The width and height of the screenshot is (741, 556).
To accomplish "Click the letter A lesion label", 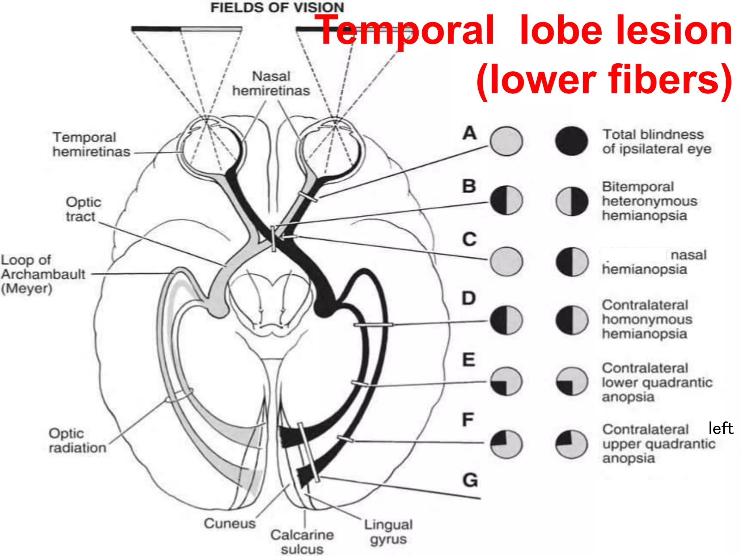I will click(470, 133).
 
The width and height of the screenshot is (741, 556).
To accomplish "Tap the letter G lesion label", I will click(470, 481).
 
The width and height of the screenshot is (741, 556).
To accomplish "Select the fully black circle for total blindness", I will click(571, 141).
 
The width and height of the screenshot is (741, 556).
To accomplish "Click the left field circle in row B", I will click(506, 200).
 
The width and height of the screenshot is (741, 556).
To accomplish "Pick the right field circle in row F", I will click(571, 444).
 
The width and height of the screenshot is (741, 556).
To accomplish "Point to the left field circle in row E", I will click(506, 382).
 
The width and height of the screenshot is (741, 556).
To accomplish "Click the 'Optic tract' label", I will click(83, 209).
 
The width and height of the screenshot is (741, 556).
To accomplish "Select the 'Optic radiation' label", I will click(77, 441).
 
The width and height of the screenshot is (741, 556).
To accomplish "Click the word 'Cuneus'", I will click(229, 523).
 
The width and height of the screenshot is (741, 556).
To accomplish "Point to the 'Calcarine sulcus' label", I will click(302, 542).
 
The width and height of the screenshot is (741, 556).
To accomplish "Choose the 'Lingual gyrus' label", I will click(388, 531).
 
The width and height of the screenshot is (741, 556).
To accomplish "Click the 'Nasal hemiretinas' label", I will click(271, 83).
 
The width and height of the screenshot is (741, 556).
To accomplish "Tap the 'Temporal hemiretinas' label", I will click(91, 144).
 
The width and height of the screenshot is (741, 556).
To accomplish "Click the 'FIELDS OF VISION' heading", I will click(277, 8).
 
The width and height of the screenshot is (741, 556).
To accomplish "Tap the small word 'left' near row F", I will click(720, 428).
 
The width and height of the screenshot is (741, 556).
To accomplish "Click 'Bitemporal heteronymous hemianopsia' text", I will click(649, 201).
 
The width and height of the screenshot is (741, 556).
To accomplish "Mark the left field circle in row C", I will click(506, 262).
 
